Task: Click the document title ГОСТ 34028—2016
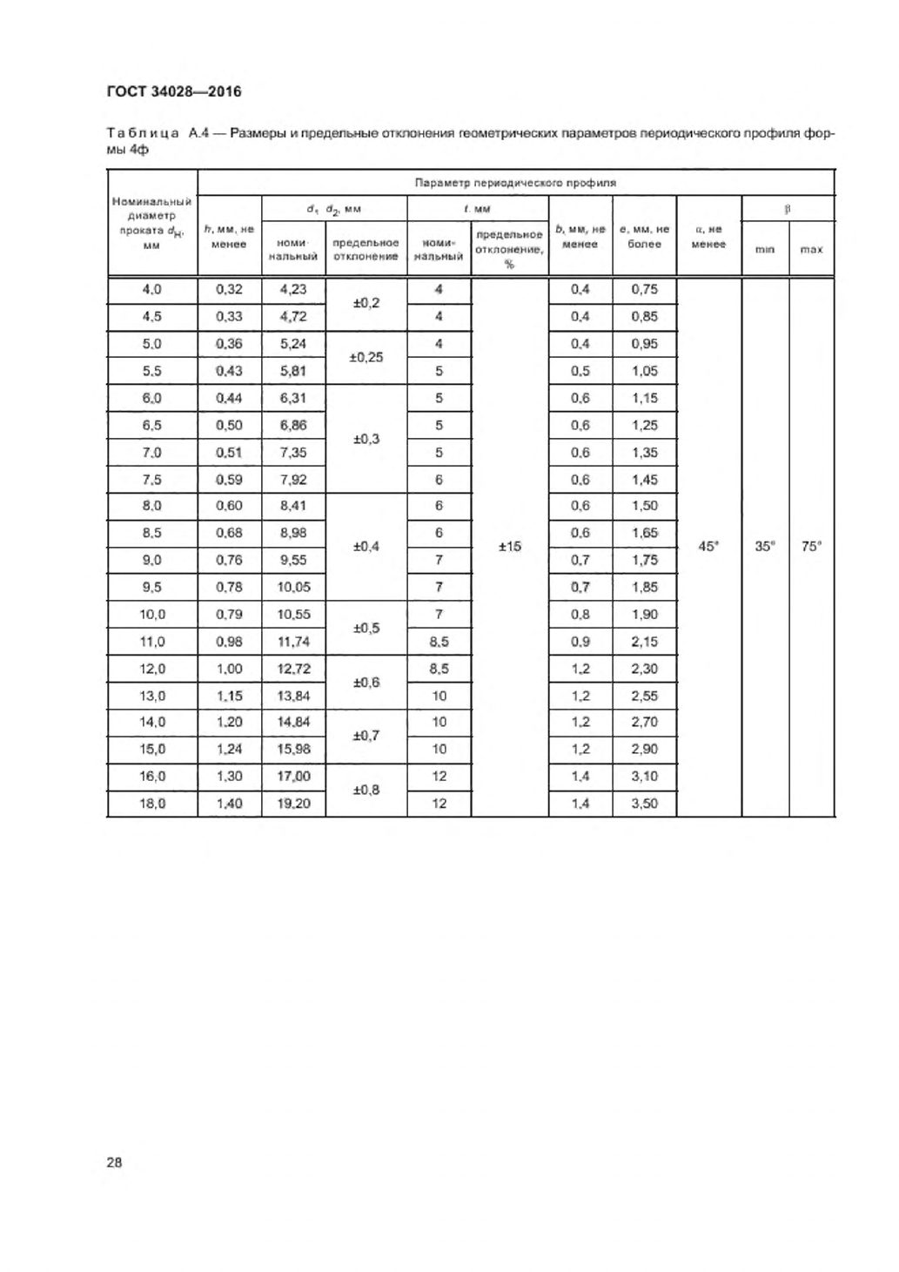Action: tap(173, 91)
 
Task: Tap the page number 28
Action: tap(114, 1162)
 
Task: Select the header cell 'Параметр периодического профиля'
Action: tap(515, 183)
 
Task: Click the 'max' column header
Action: tap(811, 250)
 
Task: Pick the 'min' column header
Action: tap(764, 250)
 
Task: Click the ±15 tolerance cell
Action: tap(509, 547)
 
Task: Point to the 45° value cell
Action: tap(708, 547)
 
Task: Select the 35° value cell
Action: tap(764, 547)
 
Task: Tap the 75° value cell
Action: tap(811, 547)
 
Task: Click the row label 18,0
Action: tap(152, 804)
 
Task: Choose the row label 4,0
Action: tap(152, 290)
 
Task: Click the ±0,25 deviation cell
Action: tap(366, 357)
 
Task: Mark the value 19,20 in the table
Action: tap(293, 804)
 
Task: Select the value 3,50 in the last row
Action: tap(644, 804)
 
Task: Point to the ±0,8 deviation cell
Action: tap(366, 790)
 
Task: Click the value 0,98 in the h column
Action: tap(229, 642)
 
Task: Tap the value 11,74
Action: tap(293, 642)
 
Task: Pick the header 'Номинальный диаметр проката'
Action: tap(152, 223)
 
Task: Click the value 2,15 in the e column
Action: tap(644, 642)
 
